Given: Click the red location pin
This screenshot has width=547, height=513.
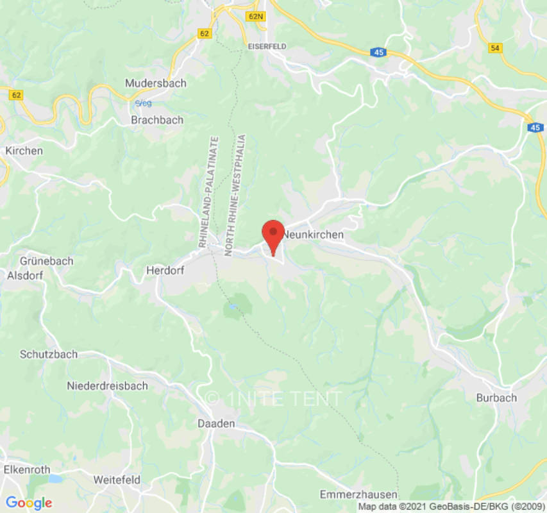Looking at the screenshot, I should (x=274, y=235).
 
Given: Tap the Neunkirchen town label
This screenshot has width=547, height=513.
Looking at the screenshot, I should (x=314, y=235).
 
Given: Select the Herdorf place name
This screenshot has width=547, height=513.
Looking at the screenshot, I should (x=165, y=271).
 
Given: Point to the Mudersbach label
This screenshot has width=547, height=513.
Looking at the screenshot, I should (x=156, y=83).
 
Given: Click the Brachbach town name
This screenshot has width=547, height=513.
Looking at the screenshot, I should (x=157, y=120).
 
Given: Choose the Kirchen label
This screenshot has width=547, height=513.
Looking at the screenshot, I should (x=24, y=151).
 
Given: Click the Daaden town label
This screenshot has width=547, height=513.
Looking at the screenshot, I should (x=216, y=424).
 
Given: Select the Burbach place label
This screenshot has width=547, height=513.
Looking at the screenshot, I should (x=496, y=398).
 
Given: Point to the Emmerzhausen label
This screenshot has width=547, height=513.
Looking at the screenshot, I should (x=358, y=494).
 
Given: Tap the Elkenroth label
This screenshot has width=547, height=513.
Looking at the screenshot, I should (x=27, y=469).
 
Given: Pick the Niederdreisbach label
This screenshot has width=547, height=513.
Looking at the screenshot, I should (x=108, y=386).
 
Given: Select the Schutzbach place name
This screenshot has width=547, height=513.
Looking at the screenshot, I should (x=49, y=354).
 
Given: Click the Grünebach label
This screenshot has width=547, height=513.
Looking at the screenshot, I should (x=47, y=261).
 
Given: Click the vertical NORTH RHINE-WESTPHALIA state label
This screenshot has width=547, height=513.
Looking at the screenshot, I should (x=235, y=195).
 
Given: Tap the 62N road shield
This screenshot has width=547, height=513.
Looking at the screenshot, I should (x=255, y=15).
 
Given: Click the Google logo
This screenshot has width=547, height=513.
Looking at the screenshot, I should (x=29, y=503).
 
